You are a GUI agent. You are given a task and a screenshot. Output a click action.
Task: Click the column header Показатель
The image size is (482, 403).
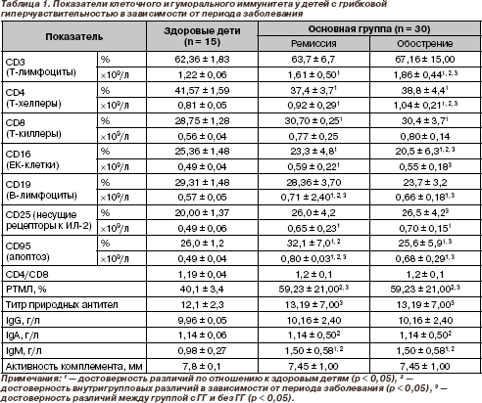[74, 37]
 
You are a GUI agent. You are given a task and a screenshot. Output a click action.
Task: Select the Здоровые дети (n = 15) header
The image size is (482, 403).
[202, 36]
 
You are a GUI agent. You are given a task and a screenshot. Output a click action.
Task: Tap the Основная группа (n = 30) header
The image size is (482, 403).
[369, 29]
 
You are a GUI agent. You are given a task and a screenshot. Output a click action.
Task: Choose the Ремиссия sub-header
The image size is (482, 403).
[313, 44]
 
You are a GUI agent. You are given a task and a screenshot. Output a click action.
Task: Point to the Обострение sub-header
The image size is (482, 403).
[425, 44]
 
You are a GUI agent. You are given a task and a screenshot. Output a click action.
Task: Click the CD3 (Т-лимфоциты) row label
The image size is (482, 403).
[41, 67]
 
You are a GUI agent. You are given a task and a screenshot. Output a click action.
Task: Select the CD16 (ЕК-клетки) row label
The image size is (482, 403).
[32, 159]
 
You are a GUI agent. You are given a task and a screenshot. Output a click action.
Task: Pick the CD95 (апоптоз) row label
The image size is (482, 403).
[27, 251]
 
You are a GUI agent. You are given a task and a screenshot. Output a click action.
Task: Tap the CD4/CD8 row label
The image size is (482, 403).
[27, 275]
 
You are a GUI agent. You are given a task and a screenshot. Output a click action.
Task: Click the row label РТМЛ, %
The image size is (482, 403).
[26, 290]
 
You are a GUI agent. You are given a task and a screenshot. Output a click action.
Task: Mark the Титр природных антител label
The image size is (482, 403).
[62, 305]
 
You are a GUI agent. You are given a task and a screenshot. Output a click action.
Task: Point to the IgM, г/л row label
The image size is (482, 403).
[24, 351]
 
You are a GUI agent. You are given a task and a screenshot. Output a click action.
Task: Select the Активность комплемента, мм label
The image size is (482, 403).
[73, 367]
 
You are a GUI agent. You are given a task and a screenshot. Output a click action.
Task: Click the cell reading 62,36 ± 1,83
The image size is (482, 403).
[202, 60]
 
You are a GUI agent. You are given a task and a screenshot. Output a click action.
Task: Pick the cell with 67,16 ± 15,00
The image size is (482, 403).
[425, 60]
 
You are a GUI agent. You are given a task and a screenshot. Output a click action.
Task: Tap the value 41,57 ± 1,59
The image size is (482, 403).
[202, 90]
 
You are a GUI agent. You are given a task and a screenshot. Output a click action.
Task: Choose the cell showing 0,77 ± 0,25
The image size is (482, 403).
[313, 136]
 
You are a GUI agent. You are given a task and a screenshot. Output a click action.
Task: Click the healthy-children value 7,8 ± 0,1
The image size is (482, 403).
[202, 367]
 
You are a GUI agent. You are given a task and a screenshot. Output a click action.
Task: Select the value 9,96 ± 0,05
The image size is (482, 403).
[202, 321]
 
